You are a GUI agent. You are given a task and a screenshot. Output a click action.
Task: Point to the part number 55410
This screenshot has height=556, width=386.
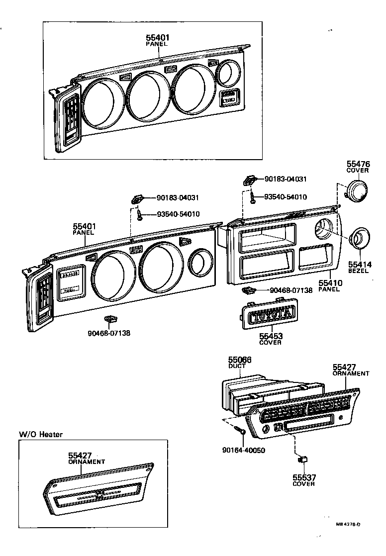pyautogui.click(x=329, y=283)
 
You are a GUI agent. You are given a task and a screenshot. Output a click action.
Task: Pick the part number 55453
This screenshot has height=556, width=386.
pyautogui.click(x=270, y=336)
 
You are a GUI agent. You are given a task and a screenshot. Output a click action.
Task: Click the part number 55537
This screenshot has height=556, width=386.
pyautogui.click(x=304, y=477)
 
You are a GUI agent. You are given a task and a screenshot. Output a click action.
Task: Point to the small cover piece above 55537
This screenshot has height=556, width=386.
pyautogui.click(x=302, y=457)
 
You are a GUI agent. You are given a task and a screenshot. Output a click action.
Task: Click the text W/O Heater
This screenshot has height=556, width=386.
pyautogui.click(x=41, y=434)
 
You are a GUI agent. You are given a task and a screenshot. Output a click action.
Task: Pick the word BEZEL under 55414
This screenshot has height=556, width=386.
pyautogui.click(x=358, y=271)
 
